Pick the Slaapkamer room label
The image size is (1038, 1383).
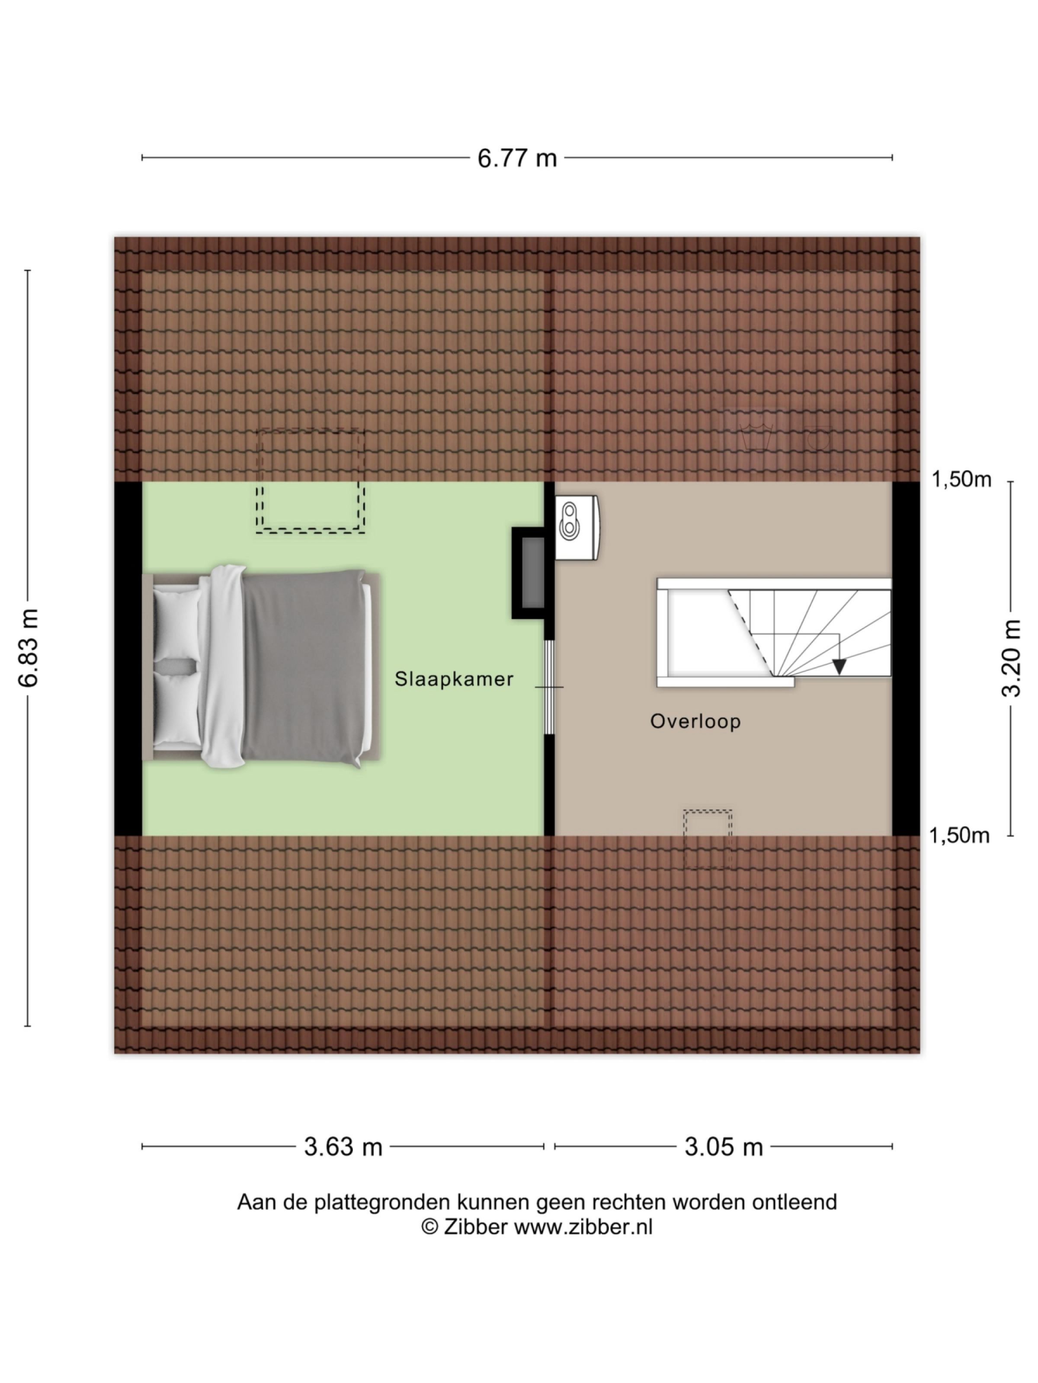pyautogui.click(x=454, y=679)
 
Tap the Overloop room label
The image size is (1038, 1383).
pyautogui.click(x=695, y=721)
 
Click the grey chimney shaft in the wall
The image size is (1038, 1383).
pyautogui.click(x=532, y=573)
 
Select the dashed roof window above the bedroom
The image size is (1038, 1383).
pyautogui.click(x=311, y=480)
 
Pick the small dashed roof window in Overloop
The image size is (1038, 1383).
pyautogui.click(x=708, y=838)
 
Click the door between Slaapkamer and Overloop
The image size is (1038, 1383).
pyautogui.click(x=549, y=686)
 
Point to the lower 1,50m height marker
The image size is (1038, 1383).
pyautogui.click(x=959, y=835)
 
